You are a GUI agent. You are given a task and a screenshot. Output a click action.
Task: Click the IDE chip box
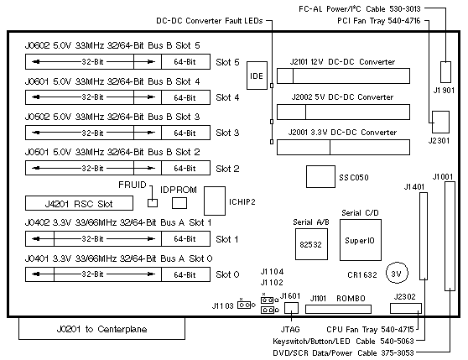pos(257,76)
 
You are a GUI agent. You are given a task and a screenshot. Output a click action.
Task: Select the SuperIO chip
pos(361,240)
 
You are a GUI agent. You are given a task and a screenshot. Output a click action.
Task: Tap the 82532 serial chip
pos(311,244)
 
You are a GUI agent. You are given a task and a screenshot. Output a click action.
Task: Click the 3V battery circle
pos(397,273)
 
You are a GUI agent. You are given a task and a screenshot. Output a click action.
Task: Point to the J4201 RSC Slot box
pos(79,203)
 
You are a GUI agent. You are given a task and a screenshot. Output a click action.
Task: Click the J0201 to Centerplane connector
pos(101,329)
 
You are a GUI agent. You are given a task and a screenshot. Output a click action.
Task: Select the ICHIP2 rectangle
pos(215,201)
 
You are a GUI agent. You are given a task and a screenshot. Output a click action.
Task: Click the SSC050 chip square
pos(320,177)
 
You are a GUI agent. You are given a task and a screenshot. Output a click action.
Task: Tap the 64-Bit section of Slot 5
pos(185,62)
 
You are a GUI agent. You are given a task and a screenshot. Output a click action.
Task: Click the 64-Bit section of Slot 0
pos(185,274)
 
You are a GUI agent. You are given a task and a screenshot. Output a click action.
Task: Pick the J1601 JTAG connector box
pos(291,308)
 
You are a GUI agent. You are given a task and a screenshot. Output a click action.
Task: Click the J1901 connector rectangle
pos(446,72)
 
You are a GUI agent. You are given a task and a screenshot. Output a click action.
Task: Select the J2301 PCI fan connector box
pos(440,122)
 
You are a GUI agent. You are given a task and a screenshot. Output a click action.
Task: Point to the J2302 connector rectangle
pos(406,308)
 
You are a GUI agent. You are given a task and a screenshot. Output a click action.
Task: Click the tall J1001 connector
pos(450,236)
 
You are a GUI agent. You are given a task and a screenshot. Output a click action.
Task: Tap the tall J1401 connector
pos(424,236)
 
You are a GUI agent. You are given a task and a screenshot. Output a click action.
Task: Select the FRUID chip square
pos(153,203)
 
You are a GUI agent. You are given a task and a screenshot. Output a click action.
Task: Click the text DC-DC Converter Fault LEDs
pos(210,21)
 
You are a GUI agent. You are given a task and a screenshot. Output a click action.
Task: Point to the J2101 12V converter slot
pos(343,76)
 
